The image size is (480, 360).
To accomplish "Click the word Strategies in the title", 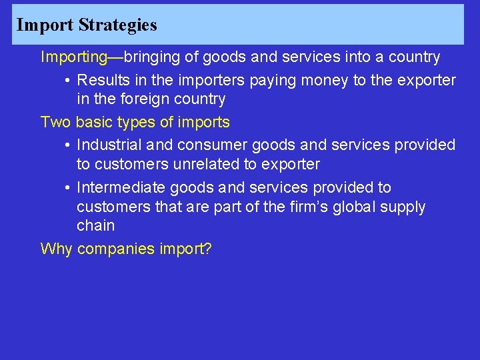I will point(117,25).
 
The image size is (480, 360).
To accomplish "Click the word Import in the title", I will point(45,25).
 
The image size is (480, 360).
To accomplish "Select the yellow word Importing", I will point(73,57).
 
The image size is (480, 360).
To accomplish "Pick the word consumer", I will point(205,145).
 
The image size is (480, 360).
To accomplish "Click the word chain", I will point(95,225).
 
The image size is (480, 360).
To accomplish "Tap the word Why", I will point(56,249).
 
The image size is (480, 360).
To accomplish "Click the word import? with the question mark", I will point(185,249).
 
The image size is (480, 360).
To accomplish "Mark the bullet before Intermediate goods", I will point(69,188).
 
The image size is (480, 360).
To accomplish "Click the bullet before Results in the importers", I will point(69,81).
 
